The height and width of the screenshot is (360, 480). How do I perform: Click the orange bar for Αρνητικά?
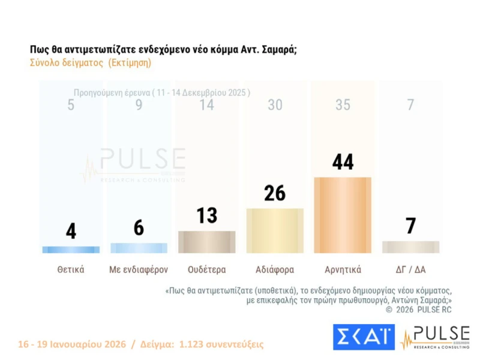coord(343,215)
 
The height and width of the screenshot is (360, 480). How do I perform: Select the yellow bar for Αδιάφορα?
coord(275,230)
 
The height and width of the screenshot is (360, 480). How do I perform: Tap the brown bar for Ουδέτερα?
coord(207,242)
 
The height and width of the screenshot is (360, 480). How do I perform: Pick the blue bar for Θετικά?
coord(71,250)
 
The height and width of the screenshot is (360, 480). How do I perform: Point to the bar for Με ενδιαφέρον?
coord(139,248)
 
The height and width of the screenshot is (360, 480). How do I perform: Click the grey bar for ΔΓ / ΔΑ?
coord(410,247)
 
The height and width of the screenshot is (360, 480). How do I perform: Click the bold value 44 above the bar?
coord(343,162)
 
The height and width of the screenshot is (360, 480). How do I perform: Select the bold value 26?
coord(275,193)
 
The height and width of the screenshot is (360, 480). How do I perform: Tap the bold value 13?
coord(207,215)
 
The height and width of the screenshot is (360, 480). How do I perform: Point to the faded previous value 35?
coord(343,105)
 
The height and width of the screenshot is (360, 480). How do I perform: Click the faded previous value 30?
coord(275,105)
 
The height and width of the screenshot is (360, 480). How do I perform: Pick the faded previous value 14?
coord(207,105)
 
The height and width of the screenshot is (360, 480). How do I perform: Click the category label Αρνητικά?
coord(343,269)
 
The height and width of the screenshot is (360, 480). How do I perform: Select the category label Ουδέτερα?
coord(207,269)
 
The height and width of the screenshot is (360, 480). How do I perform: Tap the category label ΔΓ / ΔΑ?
coord(410,269)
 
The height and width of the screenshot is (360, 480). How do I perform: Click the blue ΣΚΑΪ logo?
coord(364,337)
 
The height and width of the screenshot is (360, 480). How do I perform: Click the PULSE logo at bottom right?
coord(435,337)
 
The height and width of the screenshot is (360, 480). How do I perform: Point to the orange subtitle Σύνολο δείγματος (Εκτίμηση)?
coord(90,62)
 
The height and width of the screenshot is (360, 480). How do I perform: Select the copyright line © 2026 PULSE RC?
coord(418,309)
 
